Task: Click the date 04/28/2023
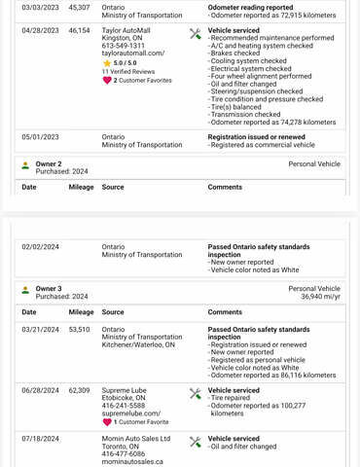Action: (x=40, y=30)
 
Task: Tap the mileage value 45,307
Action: (x=79, y=7)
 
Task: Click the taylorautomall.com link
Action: (x=132, y=54)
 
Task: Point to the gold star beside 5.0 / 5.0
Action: (x=107, y=63)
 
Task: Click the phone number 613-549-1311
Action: (x=124, y=46)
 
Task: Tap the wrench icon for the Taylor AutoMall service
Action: (x=195, y=33)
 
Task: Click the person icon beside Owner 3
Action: (x=25, y=290)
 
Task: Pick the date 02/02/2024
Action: (x=40, y=247)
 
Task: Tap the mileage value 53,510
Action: (x=79, y=329)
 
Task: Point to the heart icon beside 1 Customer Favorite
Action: (x=107, y=422)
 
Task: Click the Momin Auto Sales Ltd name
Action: (x=143, y=439)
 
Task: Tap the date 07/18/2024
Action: (x=40, y=439)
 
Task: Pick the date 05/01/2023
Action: (x=40, y=137)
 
